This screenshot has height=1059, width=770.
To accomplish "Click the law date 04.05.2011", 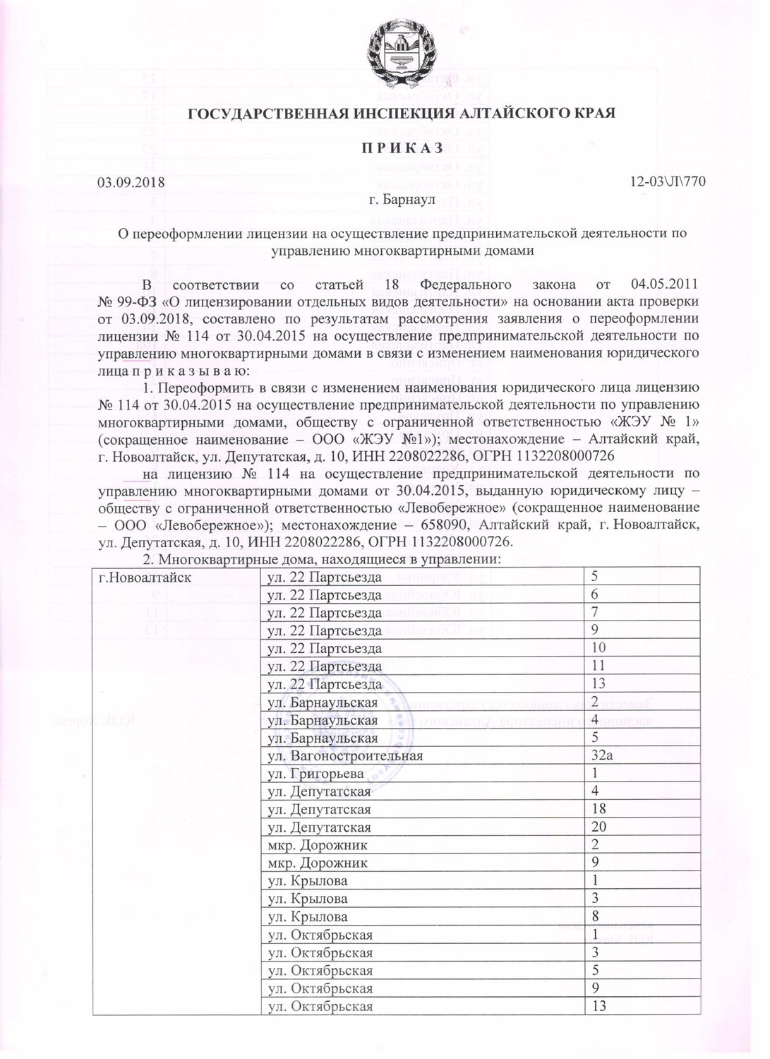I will point(663,285).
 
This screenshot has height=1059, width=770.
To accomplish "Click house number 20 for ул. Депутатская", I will point(599,827).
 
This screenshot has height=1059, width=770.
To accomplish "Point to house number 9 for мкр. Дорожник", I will point(596,863).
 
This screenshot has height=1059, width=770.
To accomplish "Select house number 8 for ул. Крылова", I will point(596,917).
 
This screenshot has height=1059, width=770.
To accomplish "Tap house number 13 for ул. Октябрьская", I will point(599,1006).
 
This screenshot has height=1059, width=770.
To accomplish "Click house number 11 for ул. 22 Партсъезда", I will point(598,666).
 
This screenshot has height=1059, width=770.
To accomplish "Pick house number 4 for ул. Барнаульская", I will point(596,720).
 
